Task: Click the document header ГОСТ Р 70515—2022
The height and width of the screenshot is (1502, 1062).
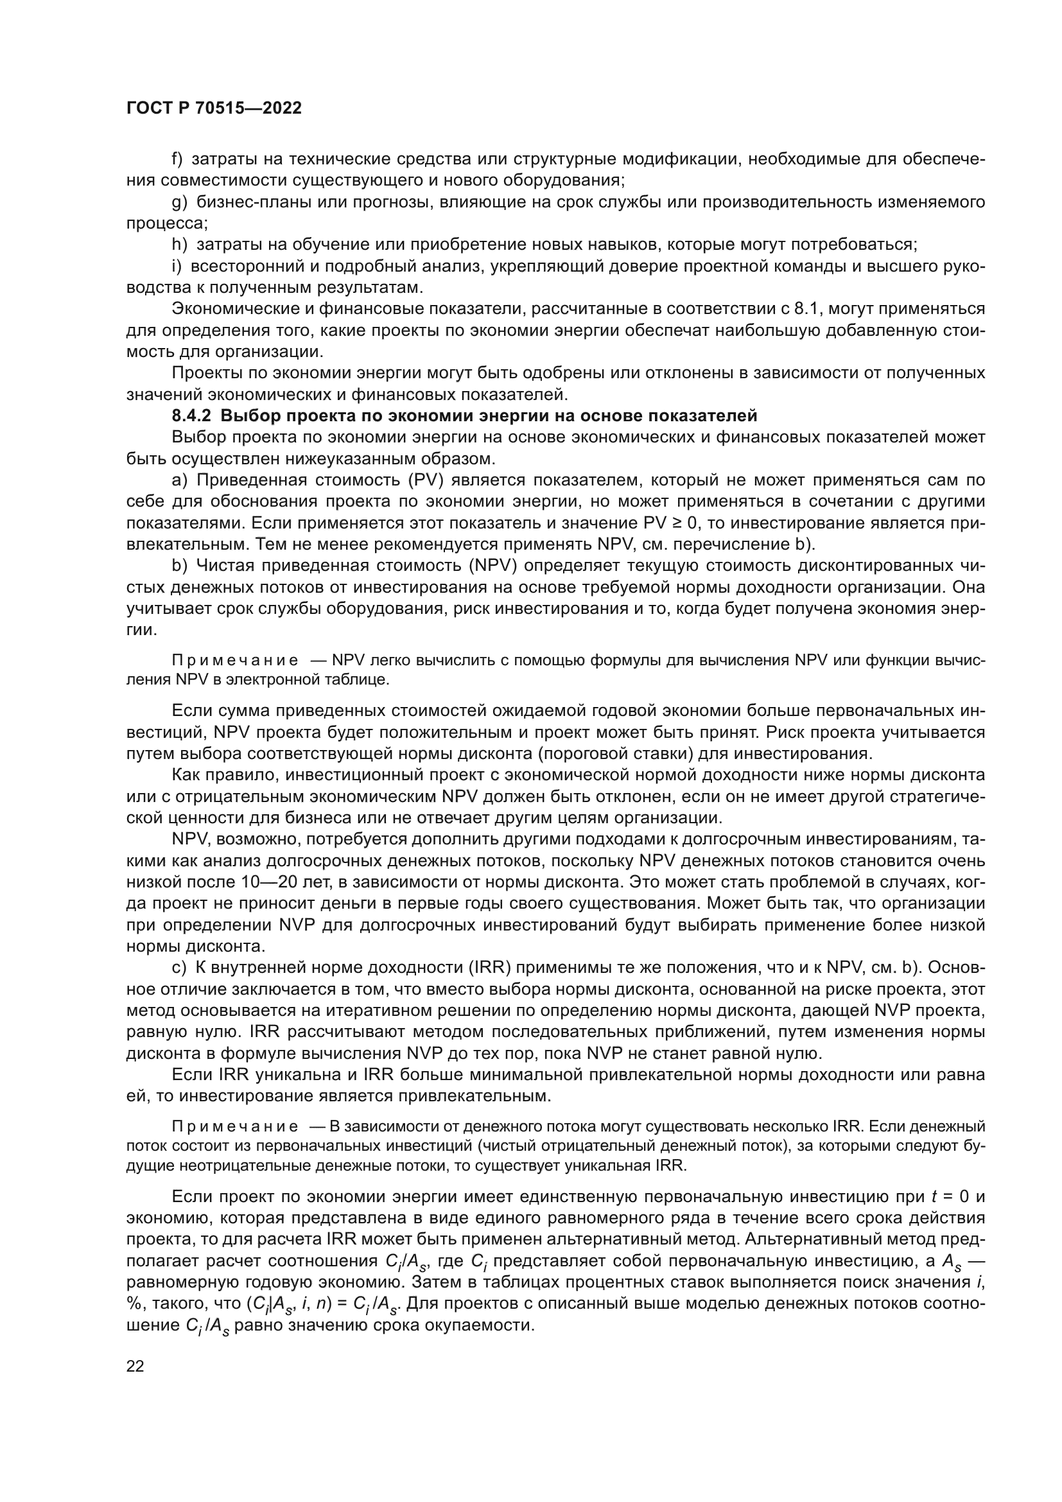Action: coord(214,109)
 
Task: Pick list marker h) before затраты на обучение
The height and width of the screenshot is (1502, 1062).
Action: coord(179,245)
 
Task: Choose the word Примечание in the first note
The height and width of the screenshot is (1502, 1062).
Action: coord(235,660)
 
